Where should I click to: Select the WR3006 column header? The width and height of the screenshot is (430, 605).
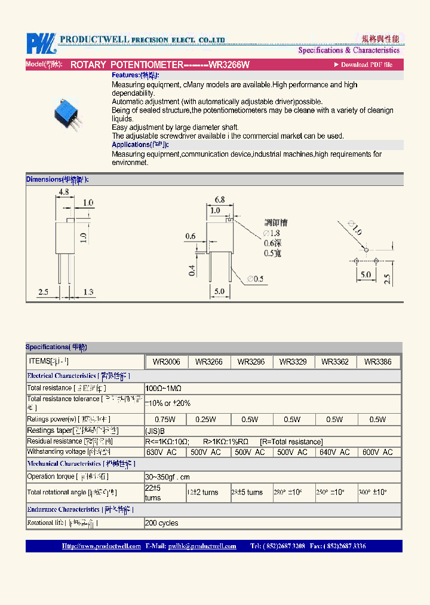click(x=167, y=362)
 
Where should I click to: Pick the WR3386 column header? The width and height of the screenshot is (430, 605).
click(x=377, y=362)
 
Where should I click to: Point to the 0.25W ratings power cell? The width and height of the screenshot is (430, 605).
click(x=209, y=420)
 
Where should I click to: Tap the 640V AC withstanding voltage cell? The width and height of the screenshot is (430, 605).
click(x=335, y=453)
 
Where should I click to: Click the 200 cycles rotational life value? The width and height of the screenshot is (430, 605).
click(x=161, y=523)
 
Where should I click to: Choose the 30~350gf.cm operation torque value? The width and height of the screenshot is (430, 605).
click(x=168, y=477)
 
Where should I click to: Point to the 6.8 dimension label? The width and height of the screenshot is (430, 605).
click(x=219, y=200)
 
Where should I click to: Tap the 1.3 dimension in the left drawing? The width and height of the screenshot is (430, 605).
click(x=87, y=292)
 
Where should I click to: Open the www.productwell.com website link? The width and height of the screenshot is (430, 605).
click(x=101, y=546)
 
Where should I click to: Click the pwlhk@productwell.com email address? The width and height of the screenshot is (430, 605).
click(x=202, y=546)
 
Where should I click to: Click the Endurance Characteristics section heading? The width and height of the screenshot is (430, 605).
click(x=63, y=510)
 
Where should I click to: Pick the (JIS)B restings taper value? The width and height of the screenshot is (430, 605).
click(x=155, y=431)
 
